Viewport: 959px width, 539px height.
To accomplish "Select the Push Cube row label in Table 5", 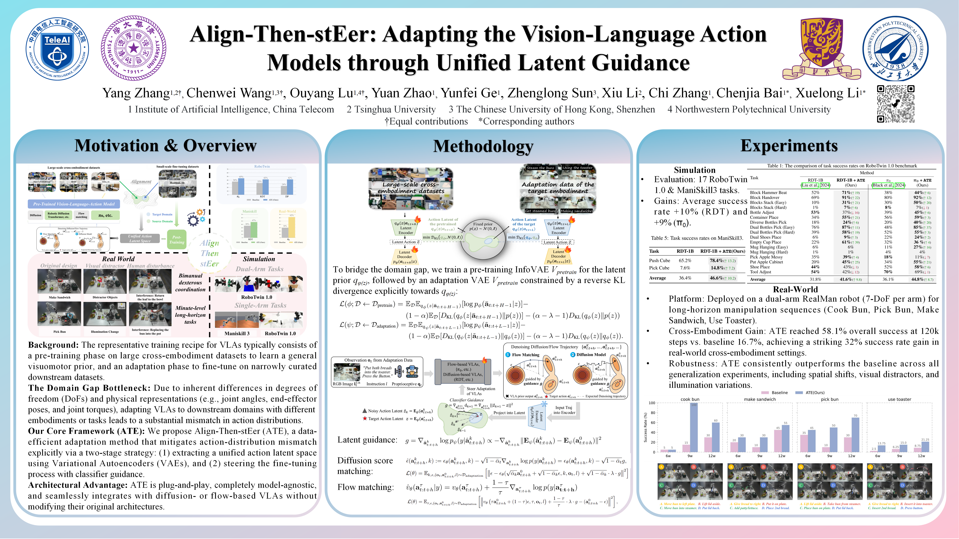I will tap(659, 260).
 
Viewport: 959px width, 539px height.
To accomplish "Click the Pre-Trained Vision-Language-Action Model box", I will tap(74, 204).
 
